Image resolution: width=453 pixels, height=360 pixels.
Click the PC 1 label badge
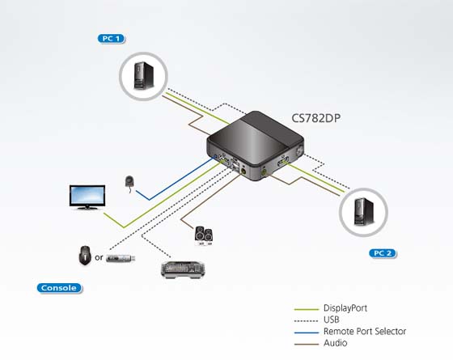coord(112,39)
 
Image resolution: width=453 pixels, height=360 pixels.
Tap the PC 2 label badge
coord(383,253)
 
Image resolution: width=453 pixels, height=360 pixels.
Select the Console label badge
coord(59,288)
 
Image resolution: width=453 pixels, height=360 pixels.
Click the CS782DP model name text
coord(315,118)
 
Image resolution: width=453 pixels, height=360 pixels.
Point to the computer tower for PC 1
coord(144,75)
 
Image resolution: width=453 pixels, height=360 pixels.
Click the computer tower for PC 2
coord(364,211)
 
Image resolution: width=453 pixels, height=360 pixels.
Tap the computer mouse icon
coord(85,256)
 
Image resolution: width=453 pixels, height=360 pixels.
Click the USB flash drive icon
coord(121,258)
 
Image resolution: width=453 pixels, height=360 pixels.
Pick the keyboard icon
coord(183,270)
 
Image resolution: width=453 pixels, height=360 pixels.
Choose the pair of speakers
coord(204,235)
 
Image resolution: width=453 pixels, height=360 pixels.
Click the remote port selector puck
coord(129,182)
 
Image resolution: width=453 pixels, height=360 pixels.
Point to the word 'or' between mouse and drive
coord(99,257)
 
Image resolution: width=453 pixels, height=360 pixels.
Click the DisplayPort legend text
coord(345,308)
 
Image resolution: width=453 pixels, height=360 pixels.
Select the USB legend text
coord(332,320)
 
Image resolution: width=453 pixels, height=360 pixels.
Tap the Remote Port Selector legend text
coord(365,332)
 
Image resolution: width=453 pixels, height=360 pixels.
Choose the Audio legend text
coord(336,343)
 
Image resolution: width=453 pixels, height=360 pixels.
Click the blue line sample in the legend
coord(307,332)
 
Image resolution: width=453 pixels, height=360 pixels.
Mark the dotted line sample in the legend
coord(306,320)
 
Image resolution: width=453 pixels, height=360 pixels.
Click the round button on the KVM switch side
coord(299,150)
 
